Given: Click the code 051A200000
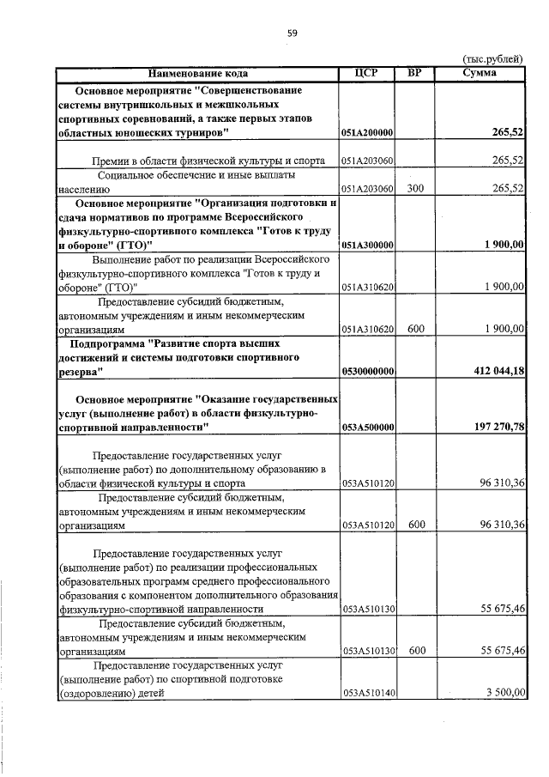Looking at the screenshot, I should [x=367, y=133].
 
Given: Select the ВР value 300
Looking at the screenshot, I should [x=416, y=188].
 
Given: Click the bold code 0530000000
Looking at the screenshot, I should [x=367, y=371].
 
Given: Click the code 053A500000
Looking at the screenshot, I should [x=367, y=427].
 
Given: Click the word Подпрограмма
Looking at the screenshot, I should [x=108, y=343].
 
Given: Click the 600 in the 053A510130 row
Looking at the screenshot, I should [x=417, y=651].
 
